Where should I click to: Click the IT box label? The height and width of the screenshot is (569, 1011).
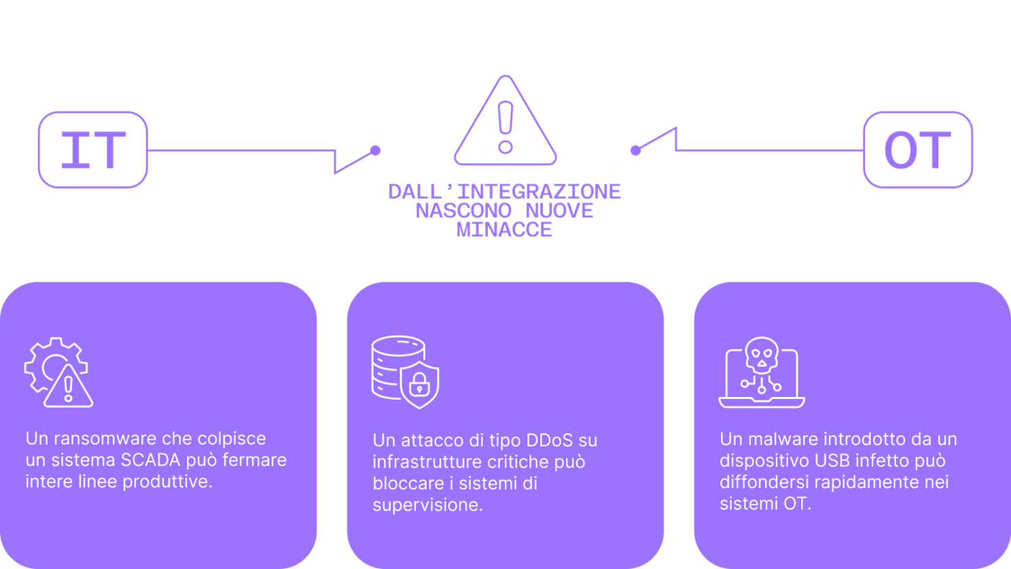(x=93, y=150)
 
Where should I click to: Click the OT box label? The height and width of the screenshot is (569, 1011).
(x=917, y=150)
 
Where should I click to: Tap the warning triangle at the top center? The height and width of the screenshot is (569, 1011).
(x=505, y=122)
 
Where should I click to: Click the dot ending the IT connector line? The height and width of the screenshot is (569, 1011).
(x=375, y=150)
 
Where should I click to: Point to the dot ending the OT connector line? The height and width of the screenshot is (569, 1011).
(x=635, y=150)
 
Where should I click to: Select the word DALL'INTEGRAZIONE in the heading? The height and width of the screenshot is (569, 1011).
(x=504, y=192)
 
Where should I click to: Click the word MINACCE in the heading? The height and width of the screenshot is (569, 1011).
(x=504, y=230)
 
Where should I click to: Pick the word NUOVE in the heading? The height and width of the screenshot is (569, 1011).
(x=559, y=211)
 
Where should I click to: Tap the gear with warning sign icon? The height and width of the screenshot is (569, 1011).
(x=58, y=373)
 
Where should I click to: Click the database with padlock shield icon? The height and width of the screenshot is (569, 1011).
(x=405, y=372)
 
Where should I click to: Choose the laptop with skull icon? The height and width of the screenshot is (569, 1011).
(x=762, y=373)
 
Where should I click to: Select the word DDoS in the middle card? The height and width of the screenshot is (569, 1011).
(x=550, y=441)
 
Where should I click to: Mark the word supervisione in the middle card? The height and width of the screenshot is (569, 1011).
(x=427, y=505)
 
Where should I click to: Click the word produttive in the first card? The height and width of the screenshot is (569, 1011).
(x=172, y=481)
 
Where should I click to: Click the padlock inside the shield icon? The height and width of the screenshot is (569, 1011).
(x=420, y=385)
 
